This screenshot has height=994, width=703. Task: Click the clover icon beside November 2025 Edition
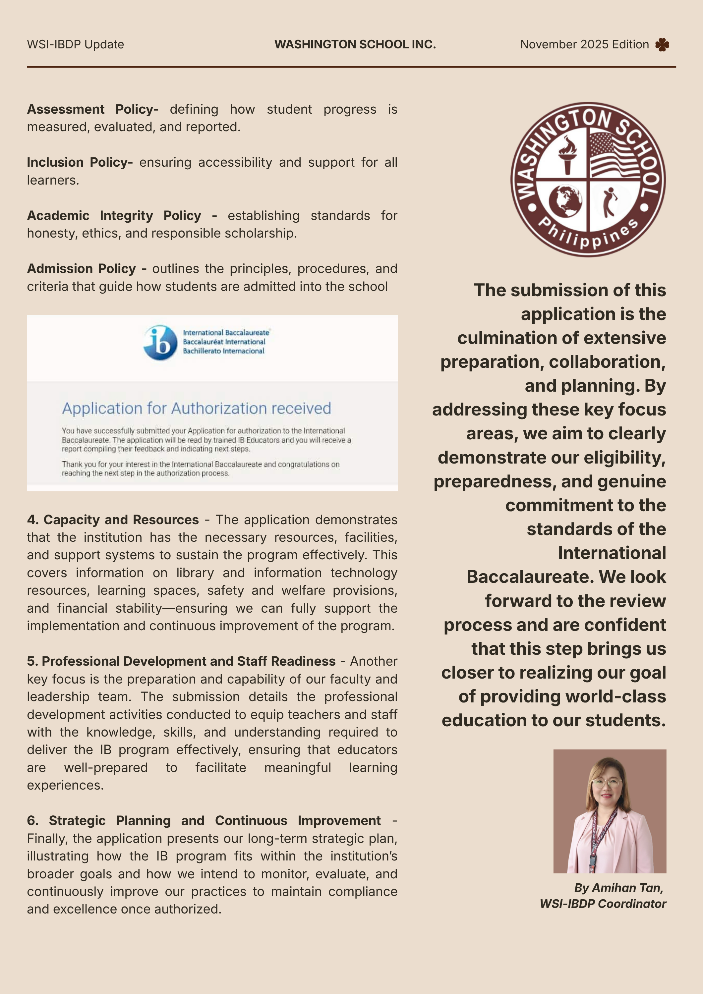662,45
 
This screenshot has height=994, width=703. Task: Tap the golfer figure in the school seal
610,202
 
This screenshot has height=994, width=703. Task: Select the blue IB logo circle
160,343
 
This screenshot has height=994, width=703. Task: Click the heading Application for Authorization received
196,408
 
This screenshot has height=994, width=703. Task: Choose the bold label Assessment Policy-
92,109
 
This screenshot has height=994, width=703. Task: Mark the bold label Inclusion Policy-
80,162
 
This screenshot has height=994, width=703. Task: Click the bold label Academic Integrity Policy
114,216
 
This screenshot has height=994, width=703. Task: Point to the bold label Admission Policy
82,269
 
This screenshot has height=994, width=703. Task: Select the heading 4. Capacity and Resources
113,520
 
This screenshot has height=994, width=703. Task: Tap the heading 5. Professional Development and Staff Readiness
181,661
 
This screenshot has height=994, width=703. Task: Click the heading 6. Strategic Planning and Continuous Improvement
204,820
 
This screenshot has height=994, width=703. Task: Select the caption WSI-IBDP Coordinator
603,904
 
